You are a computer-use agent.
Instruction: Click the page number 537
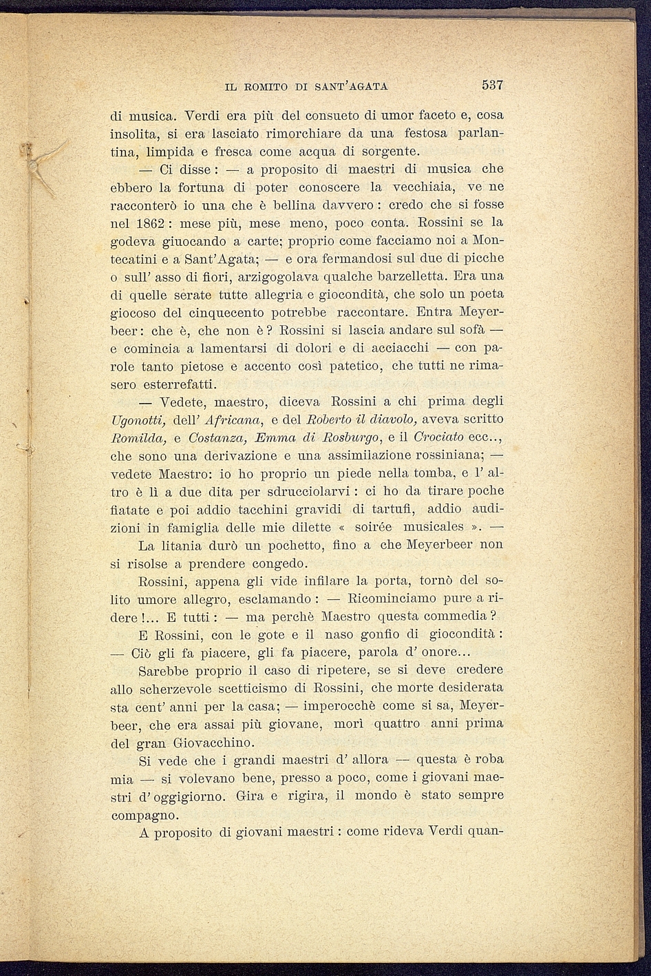[x=493, y=85]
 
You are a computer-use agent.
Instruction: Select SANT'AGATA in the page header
[x=352, y=87]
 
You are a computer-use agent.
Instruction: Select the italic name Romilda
[x=134, y=437]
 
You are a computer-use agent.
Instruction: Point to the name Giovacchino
[x=213, y=743]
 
